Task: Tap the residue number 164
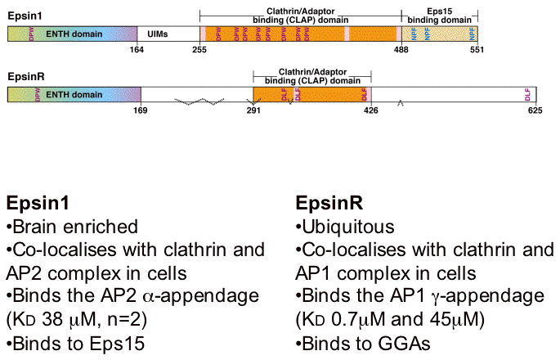(137, 49)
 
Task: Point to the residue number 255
(199, 49)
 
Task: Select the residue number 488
(401, 49)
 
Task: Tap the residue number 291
(253, 110)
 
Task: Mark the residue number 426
(370, 110)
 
